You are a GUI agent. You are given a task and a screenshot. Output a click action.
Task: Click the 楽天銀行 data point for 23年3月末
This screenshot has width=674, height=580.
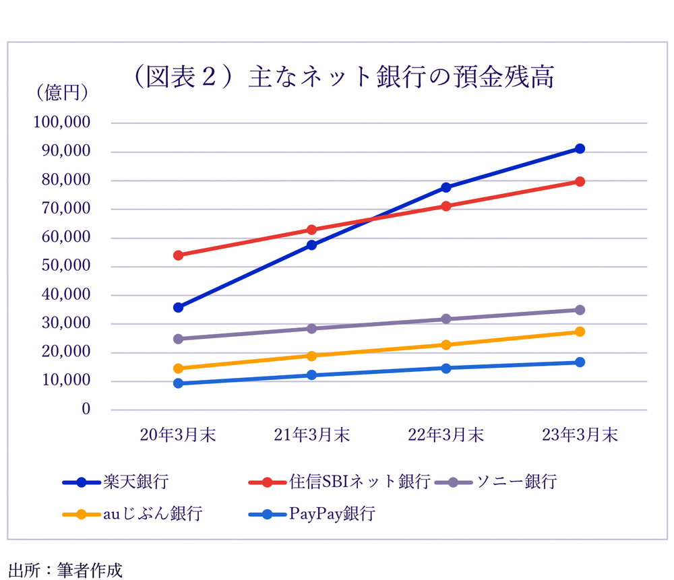click(580, 149)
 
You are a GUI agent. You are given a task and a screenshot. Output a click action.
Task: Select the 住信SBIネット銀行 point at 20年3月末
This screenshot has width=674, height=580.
click(179, 255)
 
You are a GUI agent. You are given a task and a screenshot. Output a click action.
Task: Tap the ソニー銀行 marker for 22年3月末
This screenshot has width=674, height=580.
click(446, 319)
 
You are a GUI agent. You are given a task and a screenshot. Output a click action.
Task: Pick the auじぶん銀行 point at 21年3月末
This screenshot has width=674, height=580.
click(312, 356)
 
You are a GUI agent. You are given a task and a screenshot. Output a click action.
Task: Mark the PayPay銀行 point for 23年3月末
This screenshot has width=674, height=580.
click(580, 362)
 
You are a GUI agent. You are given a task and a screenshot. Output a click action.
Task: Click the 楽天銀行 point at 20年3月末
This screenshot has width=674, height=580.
click(179, 307)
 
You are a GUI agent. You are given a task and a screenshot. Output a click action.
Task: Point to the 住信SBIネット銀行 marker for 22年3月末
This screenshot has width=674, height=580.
click(446, 206)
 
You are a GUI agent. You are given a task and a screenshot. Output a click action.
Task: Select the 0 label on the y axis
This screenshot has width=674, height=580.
click(86, 409)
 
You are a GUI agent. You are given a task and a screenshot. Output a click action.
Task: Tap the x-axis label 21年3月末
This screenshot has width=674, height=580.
click(312, 435)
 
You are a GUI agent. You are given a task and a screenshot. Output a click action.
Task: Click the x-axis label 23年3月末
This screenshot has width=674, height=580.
click(580, 435)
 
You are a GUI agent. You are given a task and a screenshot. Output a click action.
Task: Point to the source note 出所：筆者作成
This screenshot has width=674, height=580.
click(66, 570)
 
